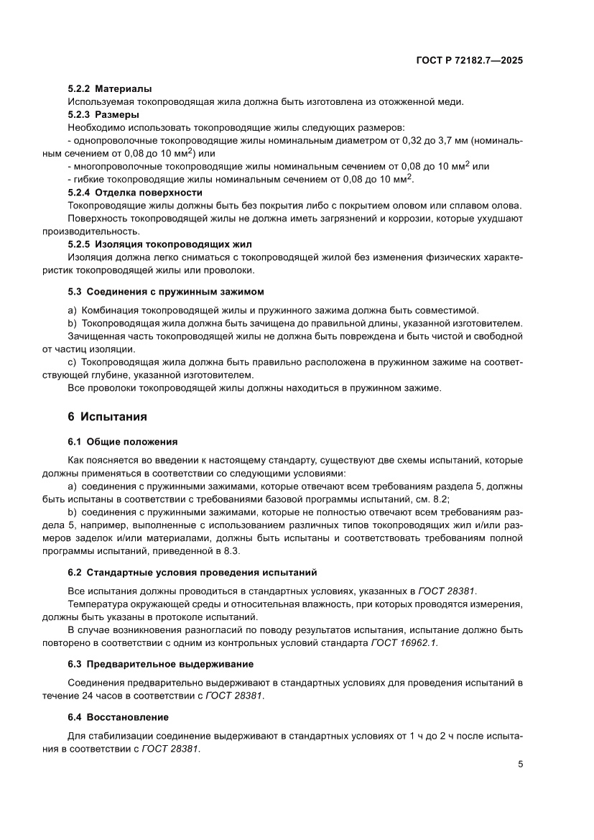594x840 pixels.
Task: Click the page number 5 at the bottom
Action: (x=520, y=764)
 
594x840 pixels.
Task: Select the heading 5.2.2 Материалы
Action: (x=109, y=89)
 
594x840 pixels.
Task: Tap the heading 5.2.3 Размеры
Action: (x=103, y=114)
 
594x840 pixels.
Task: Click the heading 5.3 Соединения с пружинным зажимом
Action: (x=166, y=292)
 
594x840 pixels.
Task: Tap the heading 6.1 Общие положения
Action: (x=122, y=441)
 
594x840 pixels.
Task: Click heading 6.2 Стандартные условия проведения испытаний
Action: (x=192, y=573)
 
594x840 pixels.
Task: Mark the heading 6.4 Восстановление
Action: (x=118, y=717)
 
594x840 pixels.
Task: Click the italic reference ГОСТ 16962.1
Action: (x=404, y=642)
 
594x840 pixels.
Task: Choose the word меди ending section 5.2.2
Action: (x=451, y=102)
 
